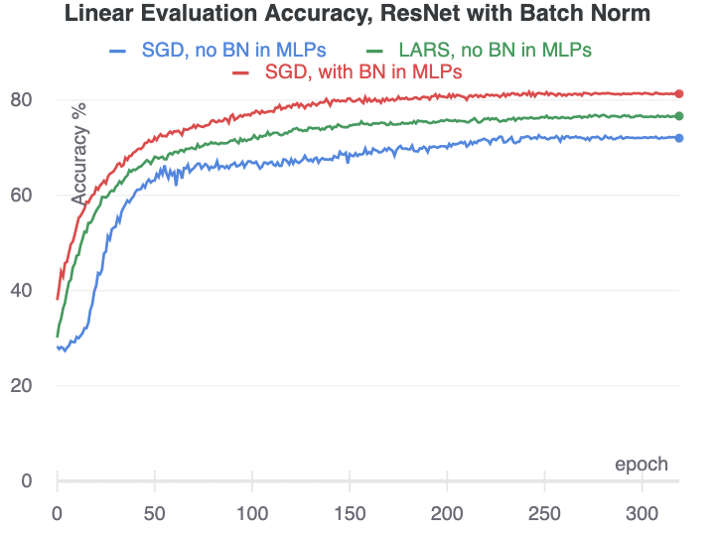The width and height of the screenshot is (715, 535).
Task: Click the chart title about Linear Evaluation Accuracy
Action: point(357,14)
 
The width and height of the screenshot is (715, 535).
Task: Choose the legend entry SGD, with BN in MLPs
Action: point(363,72)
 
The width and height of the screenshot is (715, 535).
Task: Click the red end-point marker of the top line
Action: point(679,94)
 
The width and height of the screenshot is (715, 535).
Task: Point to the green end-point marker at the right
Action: point(679,116)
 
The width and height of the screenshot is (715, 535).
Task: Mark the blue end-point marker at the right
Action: point(679,138)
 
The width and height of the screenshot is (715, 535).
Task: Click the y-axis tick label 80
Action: point(22,100)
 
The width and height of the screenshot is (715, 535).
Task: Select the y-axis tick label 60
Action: point(22,196)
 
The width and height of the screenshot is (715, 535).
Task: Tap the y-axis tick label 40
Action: point(22,291)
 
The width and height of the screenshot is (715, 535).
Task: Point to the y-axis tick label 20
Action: point(22,386)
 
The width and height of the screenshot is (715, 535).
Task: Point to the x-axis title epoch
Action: point(641,465)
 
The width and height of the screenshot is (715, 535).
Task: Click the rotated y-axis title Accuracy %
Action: point(79,153)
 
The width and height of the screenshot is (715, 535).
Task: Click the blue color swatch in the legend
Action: point(118,51)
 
